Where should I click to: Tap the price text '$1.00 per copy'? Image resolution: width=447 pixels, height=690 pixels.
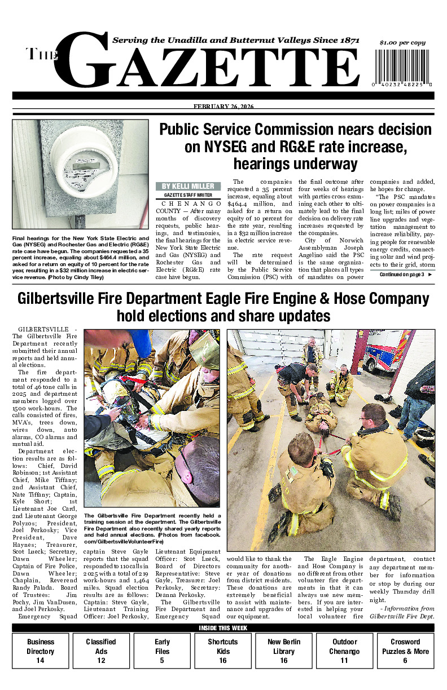point(402,43)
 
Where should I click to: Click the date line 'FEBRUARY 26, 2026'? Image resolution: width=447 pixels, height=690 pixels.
point(224,107)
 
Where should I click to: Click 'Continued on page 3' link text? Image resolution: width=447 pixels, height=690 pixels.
point(402,275)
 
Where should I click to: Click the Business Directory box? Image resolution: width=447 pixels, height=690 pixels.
point(41,651)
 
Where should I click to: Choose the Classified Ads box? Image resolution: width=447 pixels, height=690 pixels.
point(101,651)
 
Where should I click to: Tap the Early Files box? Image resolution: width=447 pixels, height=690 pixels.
point(162,651)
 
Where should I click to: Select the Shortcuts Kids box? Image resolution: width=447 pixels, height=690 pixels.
point(223,651)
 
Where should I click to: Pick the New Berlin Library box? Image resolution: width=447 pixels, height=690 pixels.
point(284,651)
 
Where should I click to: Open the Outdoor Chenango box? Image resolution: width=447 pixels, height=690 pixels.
point(345,651)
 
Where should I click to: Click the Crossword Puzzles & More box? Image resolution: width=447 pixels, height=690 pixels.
point(405,651)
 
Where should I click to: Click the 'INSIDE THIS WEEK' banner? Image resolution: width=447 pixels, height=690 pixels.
point(223,628)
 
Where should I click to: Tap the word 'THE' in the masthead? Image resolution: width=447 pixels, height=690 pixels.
point(39,55)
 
